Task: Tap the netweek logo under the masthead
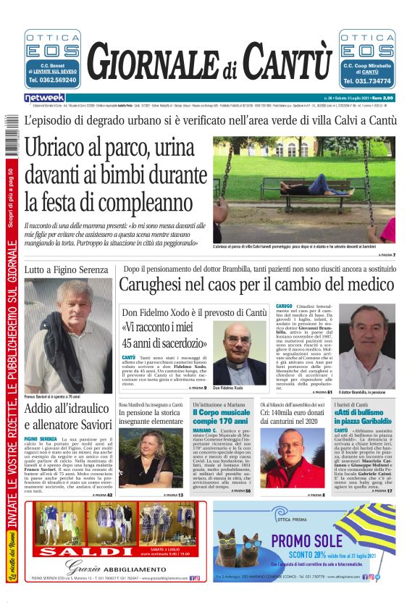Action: click(45, 97)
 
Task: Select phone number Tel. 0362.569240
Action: click(52, 80)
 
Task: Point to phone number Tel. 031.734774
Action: click(366, 80)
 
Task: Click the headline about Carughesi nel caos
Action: click(259, 285)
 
